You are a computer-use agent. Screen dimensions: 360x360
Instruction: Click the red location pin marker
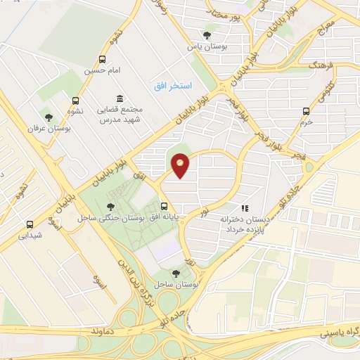[x=181, y=165]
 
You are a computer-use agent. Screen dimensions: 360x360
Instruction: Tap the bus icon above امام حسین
[x=103, y=59]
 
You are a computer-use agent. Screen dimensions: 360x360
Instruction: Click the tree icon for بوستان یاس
[x=207, y=34]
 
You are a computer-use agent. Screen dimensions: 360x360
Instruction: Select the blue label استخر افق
[x=168, y=85]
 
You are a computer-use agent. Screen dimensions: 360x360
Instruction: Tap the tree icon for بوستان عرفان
[x=49, y=117]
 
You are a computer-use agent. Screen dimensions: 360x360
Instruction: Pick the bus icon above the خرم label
[x=305, y=111]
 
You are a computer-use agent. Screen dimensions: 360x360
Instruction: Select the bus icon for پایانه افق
[x=164, y=206]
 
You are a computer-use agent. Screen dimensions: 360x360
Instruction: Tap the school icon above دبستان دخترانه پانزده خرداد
[x=245, y=208]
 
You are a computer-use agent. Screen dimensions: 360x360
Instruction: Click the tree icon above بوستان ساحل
[x=175, y=273]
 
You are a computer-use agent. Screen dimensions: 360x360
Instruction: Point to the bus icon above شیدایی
[x=30, y=225]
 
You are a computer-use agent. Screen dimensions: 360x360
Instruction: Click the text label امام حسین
[x=99, y=71]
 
